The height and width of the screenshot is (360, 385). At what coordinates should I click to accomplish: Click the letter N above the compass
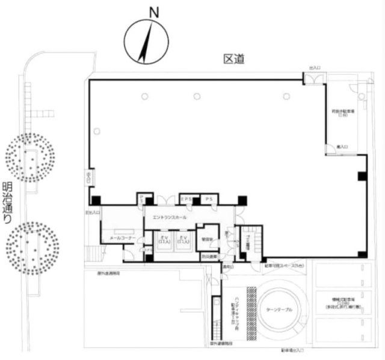[x=155, y=11]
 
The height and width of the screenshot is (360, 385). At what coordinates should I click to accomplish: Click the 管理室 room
[x=209, y=238]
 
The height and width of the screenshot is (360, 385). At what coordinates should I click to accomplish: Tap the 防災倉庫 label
[x=209, y=256]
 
